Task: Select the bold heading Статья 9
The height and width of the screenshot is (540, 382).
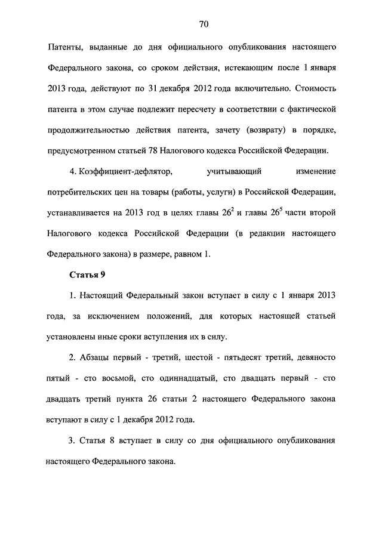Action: point(87,274)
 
